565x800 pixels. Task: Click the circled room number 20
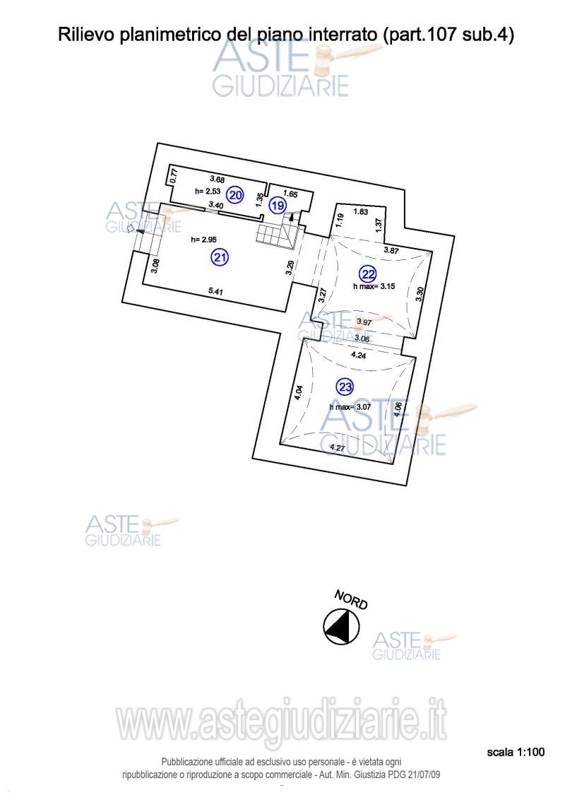236,195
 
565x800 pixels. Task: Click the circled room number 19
278,206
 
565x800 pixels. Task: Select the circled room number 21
220,258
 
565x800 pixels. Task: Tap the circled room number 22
368,274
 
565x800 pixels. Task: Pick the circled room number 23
345,387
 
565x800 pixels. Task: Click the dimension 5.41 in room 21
216,290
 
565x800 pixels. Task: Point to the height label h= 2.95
203,240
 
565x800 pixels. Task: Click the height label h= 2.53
208,191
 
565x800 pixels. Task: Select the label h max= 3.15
371,286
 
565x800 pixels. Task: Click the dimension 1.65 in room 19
290,193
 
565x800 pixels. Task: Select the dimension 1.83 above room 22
361,211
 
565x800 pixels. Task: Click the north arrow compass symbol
341,626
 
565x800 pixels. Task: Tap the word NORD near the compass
351,600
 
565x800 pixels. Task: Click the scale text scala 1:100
516,753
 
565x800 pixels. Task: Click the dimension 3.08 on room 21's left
156,266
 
